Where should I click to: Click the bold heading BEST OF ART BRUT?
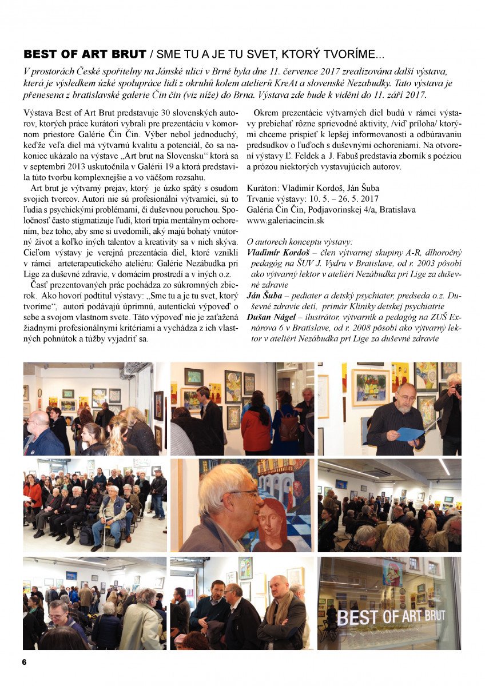pyautogui.click(x=84, y=55)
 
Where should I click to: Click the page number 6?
pyautogui.click(x=25, y=662)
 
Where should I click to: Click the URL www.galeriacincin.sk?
pyautogui.click(x=285, y=220)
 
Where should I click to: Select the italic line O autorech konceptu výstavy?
pyautogui.click(x=300, y=241)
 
